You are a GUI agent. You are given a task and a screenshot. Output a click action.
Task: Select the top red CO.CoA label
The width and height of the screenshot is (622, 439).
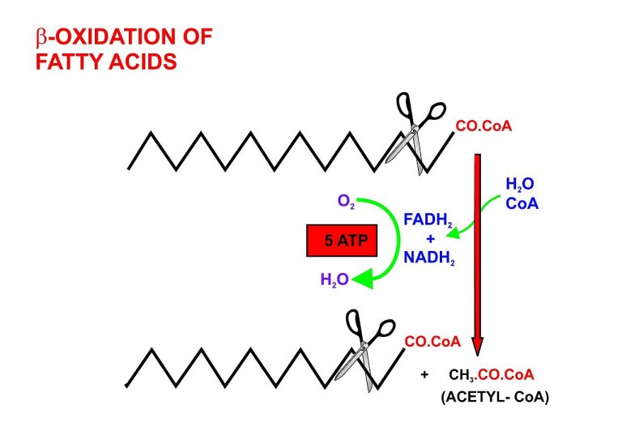[x=484, y=126]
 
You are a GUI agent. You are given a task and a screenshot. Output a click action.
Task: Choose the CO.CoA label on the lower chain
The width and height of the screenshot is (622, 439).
[x=432, y=342]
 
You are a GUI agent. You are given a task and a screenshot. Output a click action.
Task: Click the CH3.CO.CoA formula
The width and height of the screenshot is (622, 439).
[x=491, y=374]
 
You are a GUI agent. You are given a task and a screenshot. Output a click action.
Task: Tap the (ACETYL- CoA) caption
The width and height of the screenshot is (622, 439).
[x=495, y=397]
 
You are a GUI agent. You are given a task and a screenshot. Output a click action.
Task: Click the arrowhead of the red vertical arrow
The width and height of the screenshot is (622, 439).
[x=478, y=343]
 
